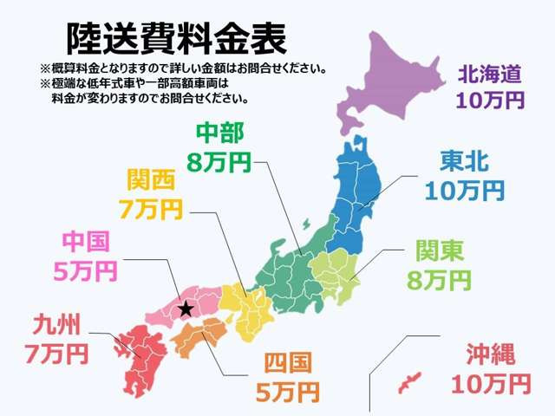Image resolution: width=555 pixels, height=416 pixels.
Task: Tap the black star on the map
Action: [185, 309]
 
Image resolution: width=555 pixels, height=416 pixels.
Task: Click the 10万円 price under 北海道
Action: [492, 101]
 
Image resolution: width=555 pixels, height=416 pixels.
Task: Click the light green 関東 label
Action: [440, 252]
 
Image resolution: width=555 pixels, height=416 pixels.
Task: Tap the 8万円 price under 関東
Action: [440, 279]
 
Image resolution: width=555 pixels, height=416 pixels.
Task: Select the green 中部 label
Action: [220, 133]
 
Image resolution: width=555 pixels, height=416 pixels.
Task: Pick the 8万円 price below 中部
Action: [220, 160]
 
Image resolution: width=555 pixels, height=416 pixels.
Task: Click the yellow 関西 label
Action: [151, 180]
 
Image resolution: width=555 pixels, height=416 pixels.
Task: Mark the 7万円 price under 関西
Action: [151, 208]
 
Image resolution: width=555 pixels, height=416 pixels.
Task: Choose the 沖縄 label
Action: [491, 354]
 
